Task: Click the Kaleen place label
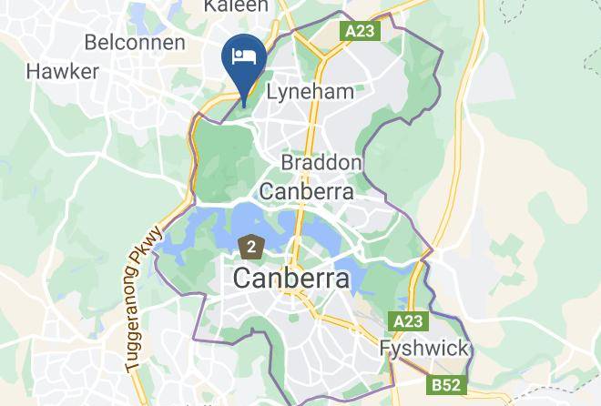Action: [236, 6]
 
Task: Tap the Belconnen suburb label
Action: [134, 42]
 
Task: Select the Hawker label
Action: [63, 71]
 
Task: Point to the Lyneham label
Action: [309, 91]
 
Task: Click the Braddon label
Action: [321, 162]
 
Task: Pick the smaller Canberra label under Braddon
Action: [307, 191]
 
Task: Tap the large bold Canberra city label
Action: [291, 278]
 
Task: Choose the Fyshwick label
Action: [423, 349]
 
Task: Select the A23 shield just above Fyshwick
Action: [409, 321]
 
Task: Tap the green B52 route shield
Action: [446, 385]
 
